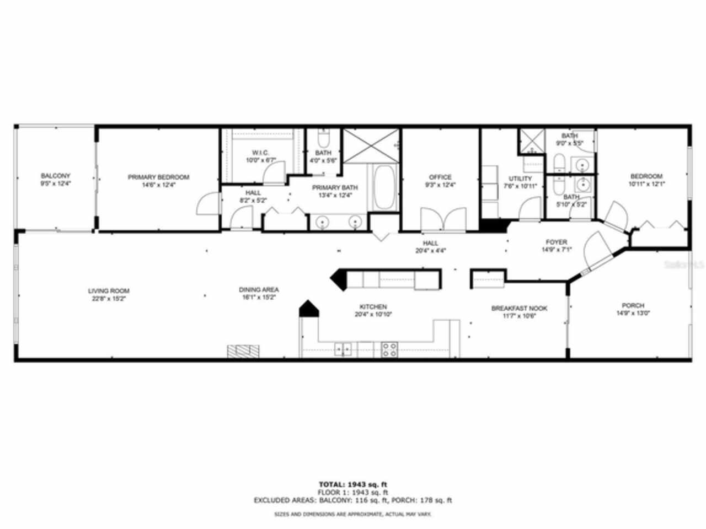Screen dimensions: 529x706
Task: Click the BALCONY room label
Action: [55, 176]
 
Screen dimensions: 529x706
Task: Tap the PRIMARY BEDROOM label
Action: [158, 177]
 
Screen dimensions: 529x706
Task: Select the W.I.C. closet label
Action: [260, 153]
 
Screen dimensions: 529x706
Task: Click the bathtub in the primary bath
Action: [384, 187]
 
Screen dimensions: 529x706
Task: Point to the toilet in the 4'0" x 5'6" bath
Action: [324, 136]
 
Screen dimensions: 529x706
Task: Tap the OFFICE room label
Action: [440, 177]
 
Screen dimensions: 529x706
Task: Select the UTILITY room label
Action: [520, 179]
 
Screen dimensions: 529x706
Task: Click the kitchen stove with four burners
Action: [389, 349]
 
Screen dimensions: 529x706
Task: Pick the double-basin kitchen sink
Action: [343, 349]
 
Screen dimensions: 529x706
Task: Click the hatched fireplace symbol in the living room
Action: [243, 351]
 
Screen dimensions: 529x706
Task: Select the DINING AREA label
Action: [259, 289]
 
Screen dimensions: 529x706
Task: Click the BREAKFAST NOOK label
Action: [519, 309]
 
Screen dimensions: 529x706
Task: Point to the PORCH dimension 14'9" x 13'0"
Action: [633, 313]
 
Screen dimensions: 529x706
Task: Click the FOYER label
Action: [557, 242]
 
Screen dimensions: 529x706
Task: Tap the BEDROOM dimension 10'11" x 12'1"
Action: [646, 184]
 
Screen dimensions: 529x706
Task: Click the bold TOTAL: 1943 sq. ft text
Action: [353, 484]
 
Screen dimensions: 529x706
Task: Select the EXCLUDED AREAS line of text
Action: [353, 500]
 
